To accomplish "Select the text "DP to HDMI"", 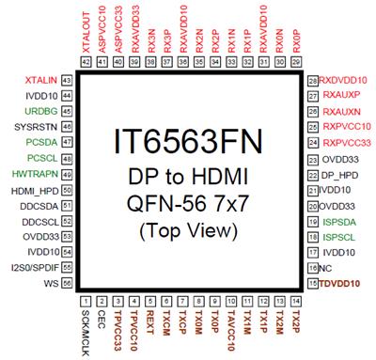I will point(193,177).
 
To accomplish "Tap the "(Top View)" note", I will point(193,229).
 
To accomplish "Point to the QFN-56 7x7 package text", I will point(193,203).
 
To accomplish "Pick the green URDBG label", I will point(41,109).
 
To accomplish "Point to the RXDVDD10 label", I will point(343,82).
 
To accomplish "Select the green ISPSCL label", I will point(337,237).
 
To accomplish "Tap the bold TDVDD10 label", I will point(344,283).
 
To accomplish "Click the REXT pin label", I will point(149,321).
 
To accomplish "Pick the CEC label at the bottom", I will point(101,318).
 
